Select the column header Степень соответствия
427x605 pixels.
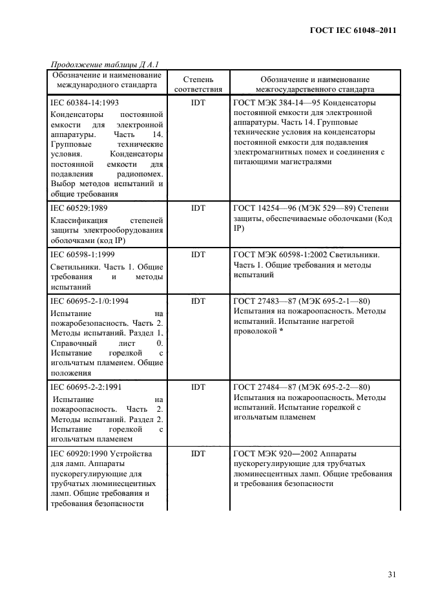(x=198, y=84)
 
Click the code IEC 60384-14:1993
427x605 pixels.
(x=84, y=102)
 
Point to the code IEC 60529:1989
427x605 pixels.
(x=79, y=209)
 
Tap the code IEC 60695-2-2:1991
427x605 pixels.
(x=84, y=387)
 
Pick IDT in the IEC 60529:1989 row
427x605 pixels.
(x=198, y=209)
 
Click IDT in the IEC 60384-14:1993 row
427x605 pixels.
(x=198, y=102)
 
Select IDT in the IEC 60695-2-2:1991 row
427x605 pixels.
(x=198, y=387)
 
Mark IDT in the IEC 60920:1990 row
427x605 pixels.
(x=198, y=454)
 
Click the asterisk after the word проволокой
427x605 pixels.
(x=282, y=330)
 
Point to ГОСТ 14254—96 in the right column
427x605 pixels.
(x=265, y=209)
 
